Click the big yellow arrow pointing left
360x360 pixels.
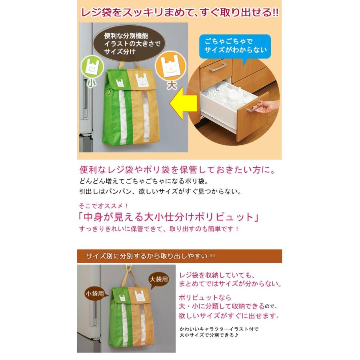click(183, 103)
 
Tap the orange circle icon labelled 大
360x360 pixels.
click(170, 66)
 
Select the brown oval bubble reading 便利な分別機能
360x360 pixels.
click(129, 44)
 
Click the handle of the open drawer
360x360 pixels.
click(255, 106)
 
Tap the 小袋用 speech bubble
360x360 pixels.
click(96, 294)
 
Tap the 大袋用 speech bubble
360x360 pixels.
click(159, 280)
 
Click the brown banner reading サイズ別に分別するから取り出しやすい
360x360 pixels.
click(179, 256)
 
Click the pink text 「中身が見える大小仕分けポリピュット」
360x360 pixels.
click(168, 217)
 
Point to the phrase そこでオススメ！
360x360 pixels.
click(103, 206)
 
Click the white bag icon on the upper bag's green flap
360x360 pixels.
click(120, 83)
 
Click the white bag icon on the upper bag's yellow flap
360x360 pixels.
click(141, 80)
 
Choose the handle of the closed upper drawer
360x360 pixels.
click(216, 67)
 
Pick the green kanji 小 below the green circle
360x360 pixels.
click(91, 83)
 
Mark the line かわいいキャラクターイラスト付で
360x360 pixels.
click(219, 329)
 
